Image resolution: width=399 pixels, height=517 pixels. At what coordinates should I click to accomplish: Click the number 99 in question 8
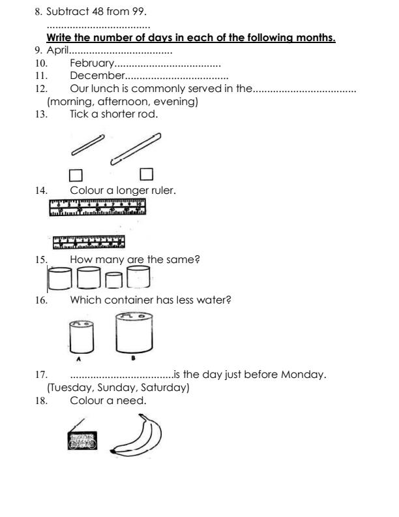point(138,12)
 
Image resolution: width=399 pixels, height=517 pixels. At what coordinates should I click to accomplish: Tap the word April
point(57,50)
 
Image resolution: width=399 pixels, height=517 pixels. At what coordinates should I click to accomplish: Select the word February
point(92,63)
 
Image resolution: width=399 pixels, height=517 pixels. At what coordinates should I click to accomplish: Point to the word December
point(97,76)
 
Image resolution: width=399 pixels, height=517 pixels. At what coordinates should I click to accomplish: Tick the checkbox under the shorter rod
point(76,176)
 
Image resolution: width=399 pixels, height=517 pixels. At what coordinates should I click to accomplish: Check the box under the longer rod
point(147,174)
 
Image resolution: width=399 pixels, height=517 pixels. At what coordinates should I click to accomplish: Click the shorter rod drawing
point(88,145)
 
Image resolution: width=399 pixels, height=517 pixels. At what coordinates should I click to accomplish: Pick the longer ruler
point(97,207)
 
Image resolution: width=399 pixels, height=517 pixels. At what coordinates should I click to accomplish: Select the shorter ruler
point(89,242)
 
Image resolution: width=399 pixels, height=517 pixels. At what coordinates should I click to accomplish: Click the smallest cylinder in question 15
point(114,280)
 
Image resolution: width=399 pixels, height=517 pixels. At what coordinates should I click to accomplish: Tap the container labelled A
point(81,337)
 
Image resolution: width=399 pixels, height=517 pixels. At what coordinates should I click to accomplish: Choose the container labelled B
point(134,332)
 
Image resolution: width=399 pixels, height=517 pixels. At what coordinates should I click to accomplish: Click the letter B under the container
point(134,358)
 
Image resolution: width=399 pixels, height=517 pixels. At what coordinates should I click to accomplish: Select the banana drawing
point(136,436)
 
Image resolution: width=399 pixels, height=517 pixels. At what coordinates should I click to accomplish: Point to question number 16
point(42,300)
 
